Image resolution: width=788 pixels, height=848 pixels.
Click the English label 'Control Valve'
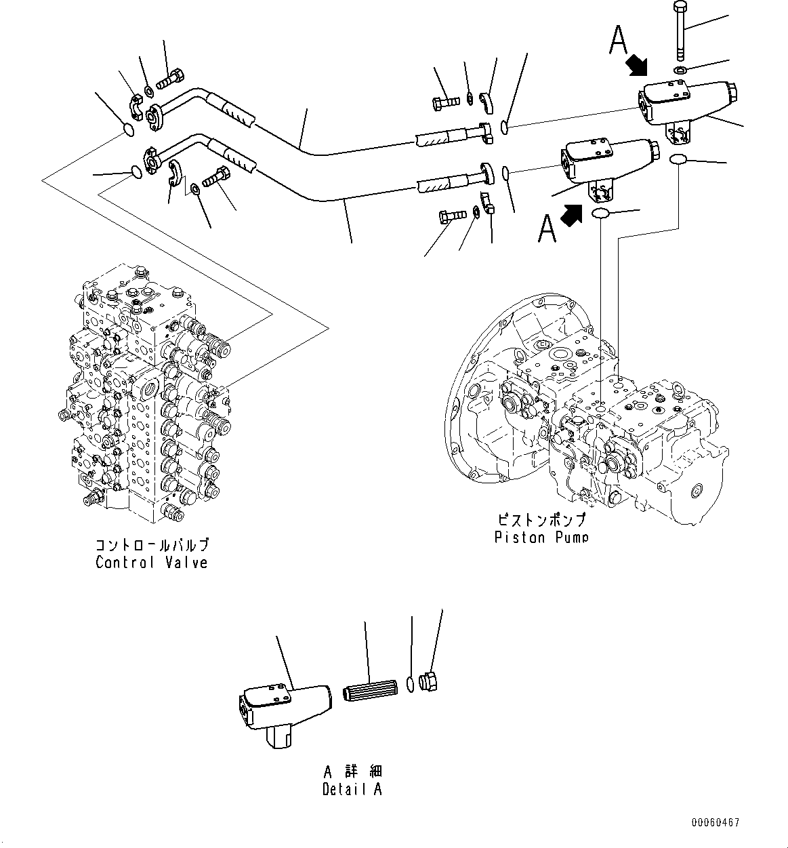151,563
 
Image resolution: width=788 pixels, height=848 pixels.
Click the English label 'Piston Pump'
541,538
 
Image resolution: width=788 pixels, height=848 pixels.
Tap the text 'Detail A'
352,789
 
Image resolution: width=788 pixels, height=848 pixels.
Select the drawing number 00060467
716,823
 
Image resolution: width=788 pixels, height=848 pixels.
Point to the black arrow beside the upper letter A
636,66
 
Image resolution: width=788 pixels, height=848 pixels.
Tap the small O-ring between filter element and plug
410,685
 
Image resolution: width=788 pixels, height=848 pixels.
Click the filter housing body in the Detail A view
285,705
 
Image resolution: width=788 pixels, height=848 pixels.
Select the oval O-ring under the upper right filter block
678,159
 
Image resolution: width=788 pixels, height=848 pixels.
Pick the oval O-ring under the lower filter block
601,214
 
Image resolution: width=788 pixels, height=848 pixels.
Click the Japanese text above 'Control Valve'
151,545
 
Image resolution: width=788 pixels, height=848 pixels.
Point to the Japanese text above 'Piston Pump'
541,521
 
